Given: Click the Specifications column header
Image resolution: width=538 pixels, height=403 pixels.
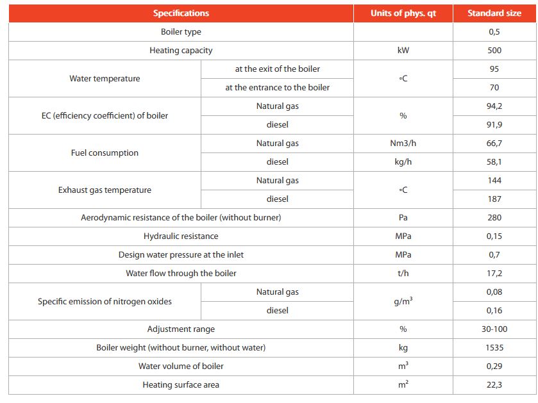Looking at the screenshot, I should [x=181, y=13].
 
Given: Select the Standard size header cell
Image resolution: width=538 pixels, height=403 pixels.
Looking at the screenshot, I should [x=494, y=13].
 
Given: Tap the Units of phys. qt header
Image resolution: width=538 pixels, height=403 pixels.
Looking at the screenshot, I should [x=403, y=13].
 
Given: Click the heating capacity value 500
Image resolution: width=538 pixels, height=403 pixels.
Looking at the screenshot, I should [x=494, y=50].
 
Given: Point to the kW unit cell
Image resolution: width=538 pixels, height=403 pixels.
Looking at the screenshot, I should [x=403, y=50].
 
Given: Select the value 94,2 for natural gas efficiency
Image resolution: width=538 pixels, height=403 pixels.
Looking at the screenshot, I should [x=494, y=106].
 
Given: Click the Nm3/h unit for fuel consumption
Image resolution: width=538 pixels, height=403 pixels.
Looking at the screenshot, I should [x=403, y=144].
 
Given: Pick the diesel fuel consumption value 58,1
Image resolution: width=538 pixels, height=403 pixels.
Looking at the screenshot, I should [x=494, y=162].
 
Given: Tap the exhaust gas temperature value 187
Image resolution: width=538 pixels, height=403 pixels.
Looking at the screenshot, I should [x=494, y=199].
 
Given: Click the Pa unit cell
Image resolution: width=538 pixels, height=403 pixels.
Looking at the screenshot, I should [x=403, y=218].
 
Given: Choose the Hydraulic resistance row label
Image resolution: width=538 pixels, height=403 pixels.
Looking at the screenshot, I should [x=181, y=236].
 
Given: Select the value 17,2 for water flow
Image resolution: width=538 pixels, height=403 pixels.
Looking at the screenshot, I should [x=494, y=274].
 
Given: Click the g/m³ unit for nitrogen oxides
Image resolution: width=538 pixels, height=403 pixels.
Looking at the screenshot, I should [x=403, y=301].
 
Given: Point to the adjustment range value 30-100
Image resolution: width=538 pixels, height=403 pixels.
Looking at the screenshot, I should [x=494, y=329].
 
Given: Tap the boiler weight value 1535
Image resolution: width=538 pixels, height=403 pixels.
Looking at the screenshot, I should [x=494, y=348].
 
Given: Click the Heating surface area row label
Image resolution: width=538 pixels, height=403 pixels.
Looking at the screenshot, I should [x=181, y=385].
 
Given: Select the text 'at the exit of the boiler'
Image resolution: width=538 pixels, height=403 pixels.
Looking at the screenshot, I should [x=277, y=69].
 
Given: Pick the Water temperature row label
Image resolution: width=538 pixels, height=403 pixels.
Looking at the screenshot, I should [x=105, y=78].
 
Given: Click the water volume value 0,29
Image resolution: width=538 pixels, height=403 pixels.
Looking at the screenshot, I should [x=494, y=366].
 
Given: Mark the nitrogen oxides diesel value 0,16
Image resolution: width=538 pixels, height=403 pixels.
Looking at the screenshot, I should [x=494, y=311].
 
